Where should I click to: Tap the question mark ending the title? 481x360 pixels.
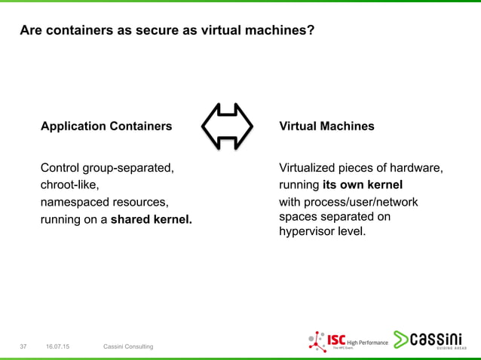pyautogui.click(x=311, y=32)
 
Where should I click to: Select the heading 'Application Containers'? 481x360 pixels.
pyautogui.click(x=106, y=126)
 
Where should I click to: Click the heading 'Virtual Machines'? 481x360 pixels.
pyautogui.click(x=326, y=126)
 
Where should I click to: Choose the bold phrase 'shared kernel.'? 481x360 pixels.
pyautogui.click(x=152, y=221)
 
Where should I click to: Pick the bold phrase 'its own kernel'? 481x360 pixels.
pyautogui.click(x=363, y=185)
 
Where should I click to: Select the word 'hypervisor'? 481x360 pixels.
pyautogui.click(x=308, y=231)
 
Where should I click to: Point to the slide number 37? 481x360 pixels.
pyautogui.click(x=23, y=346)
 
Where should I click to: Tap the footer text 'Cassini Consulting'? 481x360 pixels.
pyautogui.click(x=128, y=346)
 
